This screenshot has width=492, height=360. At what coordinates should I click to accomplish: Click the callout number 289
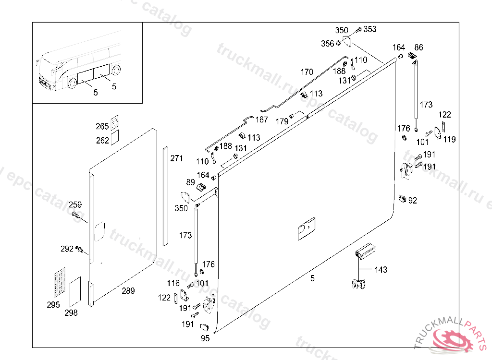(128, 291)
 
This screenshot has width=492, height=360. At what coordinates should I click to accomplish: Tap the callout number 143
(381, 269)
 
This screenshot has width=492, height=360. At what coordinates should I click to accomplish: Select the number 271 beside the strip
(176, 158)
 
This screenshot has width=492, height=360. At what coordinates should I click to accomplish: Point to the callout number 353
(369, 29)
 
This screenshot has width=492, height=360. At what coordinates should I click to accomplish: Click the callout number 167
(262, 120)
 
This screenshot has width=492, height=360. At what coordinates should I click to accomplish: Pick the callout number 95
(205, 338)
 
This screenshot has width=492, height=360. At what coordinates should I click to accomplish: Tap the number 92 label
(413, 200)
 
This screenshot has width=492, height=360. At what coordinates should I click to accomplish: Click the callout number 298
(71, 312)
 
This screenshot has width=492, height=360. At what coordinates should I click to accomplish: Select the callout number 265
(102, 126)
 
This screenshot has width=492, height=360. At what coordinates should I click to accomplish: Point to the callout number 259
(75, 205)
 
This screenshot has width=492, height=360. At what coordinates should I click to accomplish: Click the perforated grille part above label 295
(60, 283)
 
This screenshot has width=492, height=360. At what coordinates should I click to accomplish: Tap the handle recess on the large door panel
(306, 228)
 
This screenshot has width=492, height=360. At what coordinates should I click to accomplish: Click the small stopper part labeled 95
(205, 327)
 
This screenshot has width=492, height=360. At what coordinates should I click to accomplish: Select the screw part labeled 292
(79, 250)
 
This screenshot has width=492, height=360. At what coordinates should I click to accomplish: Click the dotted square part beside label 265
(115, 122)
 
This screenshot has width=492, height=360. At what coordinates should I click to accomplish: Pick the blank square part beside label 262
(115, 137)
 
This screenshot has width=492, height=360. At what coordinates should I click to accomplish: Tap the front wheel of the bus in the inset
(73, 83)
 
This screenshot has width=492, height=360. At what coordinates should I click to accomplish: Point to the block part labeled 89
(201, 188)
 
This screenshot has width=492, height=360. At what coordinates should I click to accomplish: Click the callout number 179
(282, 121)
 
